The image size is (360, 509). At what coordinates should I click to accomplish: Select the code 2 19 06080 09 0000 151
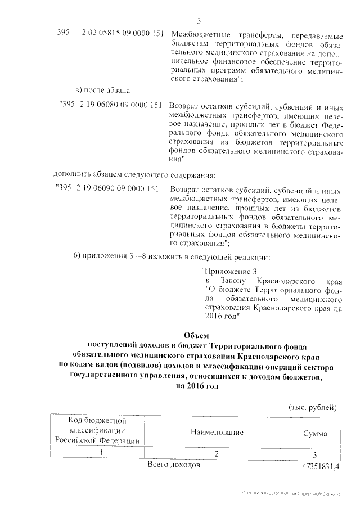point(120,105)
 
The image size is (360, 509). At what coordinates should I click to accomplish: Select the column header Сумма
point(316,434)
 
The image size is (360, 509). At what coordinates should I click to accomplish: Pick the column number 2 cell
point(215,453)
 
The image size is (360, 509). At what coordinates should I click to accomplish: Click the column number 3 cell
point(316,454)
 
